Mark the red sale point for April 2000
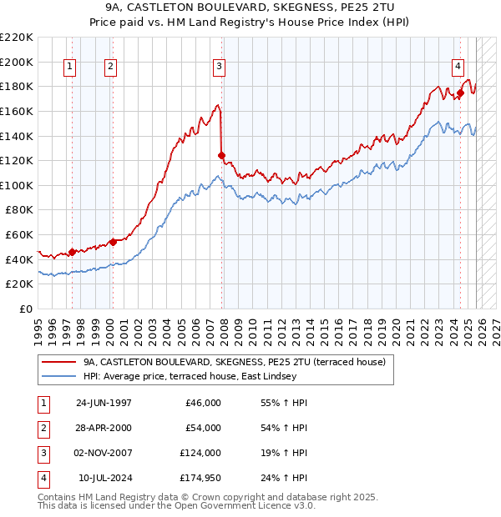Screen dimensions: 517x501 (x=113, y=242)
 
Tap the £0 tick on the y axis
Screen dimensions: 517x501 (x=25, y=309)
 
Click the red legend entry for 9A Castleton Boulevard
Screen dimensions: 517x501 (x=234, y=363)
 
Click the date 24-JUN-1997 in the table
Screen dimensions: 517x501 (x=104, y=403)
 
